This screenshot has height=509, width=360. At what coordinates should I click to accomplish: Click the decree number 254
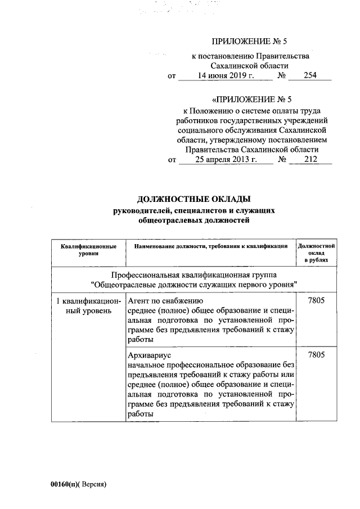point(310,76)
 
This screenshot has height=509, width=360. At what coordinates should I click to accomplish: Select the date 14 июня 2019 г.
point(224,76)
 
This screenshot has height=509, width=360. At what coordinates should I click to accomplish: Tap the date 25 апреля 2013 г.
point(226,160)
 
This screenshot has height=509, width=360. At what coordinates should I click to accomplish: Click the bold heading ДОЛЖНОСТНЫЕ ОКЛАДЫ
point(193,199)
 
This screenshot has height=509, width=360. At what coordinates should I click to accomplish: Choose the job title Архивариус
point(150,357)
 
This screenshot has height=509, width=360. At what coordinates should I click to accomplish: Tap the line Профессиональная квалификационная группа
point(193,274)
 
